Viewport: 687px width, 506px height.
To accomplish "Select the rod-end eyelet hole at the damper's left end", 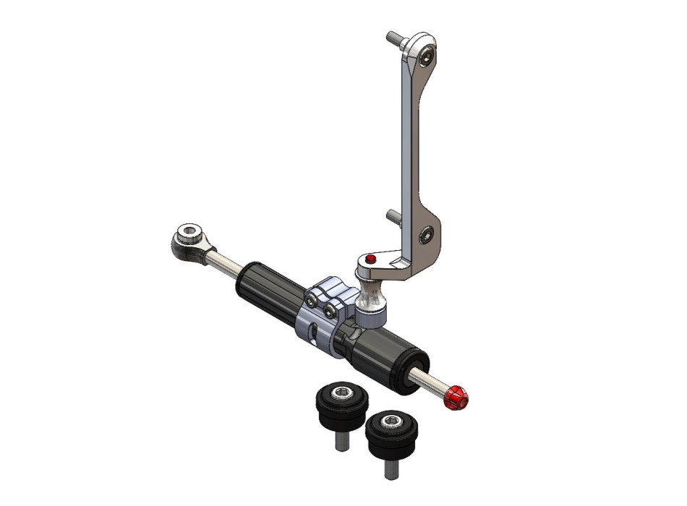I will [x=189, y=234].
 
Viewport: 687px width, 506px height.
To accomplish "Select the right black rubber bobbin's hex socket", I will [x=393, y=421].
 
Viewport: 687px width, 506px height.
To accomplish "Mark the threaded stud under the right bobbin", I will [x=389, y=468].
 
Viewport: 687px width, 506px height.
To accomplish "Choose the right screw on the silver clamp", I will [x=330, y=311].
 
